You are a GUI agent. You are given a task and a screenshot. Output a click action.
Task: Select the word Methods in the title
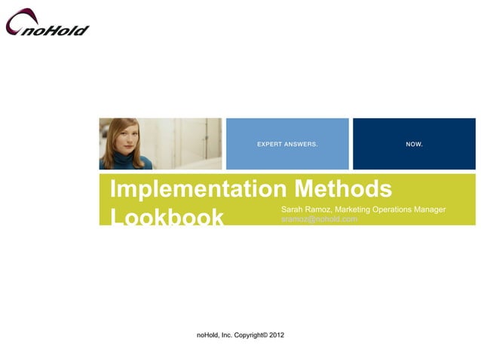(344, 188)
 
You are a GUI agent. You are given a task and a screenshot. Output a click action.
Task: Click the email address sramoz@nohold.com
(319, 218)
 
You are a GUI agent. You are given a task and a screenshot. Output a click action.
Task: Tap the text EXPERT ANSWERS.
(287, 143)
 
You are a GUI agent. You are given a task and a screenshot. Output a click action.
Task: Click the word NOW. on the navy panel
(414, 143)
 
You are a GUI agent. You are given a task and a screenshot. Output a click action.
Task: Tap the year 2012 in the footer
(275, 334)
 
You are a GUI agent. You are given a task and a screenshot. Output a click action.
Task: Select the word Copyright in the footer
(246, 334)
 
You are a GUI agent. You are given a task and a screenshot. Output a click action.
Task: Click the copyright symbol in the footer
(265, 333)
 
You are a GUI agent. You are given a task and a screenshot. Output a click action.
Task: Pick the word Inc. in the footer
(226, 334)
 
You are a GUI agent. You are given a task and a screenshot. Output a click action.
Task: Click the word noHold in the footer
(208, 334)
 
